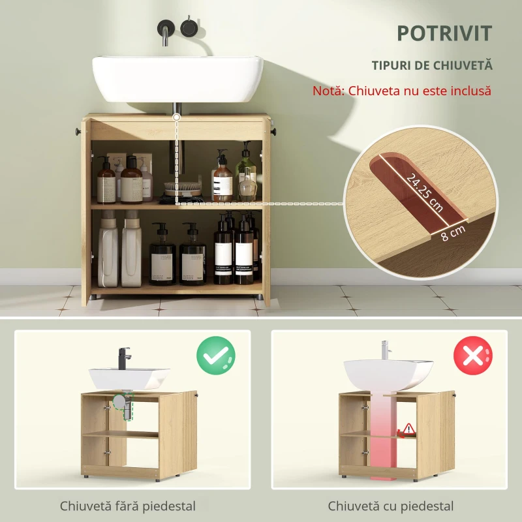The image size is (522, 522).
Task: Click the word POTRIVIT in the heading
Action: [444, 33]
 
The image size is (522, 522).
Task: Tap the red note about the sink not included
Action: [402, 91]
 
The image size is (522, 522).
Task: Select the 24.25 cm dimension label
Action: [425, 192]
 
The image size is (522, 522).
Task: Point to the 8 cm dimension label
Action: [453, 233]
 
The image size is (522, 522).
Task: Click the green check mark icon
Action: [216, 355]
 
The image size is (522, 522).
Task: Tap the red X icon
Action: [473, 355]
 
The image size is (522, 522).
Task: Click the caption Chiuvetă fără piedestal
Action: [128, 506]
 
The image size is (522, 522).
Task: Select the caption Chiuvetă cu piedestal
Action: [390, 506]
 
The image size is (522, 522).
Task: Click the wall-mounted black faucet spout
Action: [166, 32]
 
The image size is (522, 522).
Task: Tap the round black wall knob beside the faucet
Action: [189, 27]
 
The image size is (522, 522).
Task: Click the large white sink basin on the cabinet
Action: [177, 79]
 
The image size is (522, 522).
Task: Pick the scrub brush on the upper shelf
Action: [183, 189]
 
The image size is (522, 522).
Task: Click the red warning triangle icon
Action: [408, 429]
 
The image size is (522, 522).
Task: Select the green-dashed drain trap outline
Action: [124, 406]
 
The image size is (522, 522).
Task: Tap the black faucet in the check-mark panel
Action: [124, 358]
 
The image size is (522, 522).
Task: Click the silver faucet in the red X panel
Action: [385, 350]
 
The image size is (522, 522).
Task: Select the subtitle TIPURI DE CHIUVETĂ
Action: [432, 65]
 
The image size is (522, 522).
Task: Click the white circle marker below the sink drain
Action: [176, 117]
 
